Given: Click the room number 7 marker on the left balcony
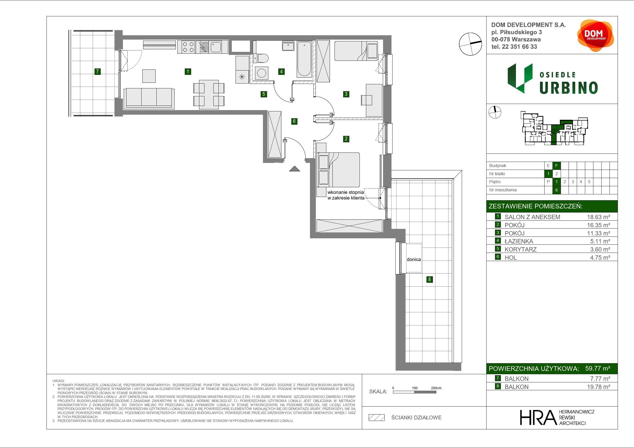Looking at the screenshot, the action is click(x=97, y=72).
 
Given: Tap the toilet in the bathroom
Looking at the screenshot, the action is click(x=261, y=58).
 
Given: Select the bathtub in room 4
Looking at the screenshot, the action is click(x=304, y=59).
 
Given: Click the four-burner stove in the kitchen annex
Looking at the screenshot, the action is click(x=186, y=47).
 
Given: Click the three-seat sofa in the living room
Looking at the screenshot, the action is click(x=149, y=98).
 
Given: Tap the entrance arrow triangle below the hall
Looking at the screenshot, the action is click(x=294, y=169).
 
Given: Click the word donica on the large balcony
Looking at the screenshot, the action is click(x=414, y=260).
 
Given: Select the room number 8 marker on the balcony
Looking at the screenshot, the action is click(x=429, y=279).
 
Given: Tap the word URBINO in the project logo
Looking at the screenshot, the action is click(x=569, y=88).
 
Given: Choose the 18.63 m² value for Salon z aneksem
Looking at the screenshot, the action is click(x=598, y=217).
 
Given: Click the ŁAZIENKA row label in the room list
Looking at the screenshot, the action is click(x=518, y=241).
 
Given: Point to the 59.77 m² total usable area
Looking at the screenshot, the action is click(x=597, y=368).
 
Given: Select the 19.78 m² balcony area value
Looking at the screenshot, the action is click(x=598, y=387).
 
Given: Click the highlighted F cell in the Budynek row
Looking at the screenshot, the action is click(x=556, y=166).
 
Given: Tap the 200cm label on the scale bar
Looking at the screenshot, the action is click(x=436, y=388).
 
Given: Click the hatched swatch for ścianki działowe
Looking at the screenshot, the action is click(x=377, y=418).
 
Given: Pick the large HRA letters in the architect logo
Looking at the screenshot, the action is click(x=538, y=418).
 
